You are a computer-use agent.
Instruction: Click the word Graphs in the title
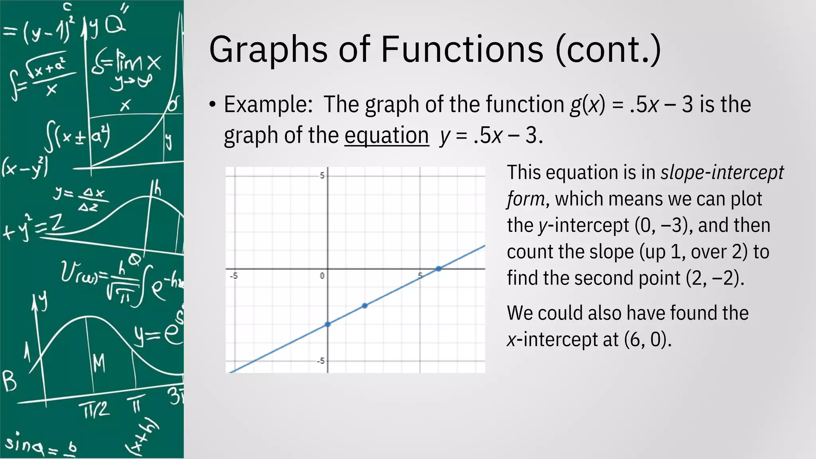pos(268,50)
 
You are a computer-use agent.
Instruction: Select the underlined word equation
pos(386,135)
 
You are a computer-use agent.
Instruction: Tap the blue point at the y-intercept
pos(328,324)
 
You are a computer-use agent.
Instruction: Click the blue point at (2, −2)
pos(365,306)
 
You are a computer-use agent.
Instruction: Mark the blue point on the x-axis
pos(438,269)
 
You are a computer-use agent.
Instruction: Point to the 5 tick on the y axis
pos(322,176)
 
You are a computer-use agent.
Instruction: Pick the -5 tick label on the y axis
pos(320,361)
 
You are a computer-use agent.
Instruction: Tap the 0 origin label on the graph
pos(322,276)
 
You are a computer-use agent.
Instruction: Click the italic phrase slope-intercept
pos(722,173)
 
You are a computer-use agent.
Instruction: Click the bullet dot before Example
pos(212,105)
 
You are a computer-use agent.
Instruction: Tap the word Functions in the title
pos(462,50)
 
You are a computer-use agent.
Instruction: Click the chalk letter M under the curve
pos(99,363)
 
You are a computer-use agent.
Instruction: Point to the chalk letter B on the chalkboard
pos(10,381)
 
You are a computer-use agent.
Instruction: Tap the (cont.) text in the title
pos(608,50)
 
